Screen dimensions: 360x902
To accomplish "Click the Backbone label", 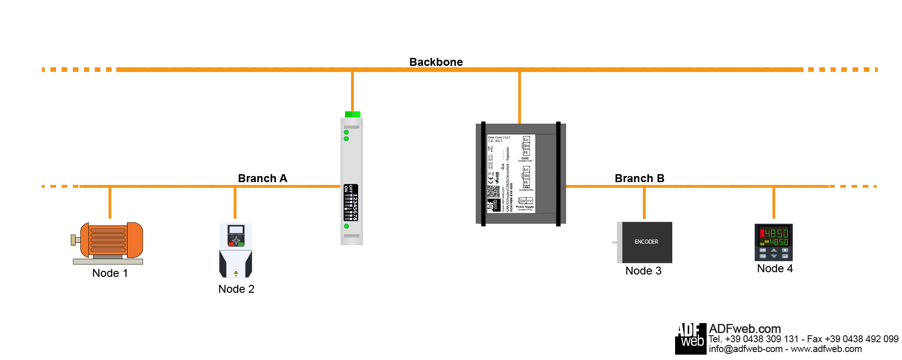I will click(436, 62).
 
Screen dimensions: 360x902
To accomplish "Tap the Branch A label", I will click(262, 178).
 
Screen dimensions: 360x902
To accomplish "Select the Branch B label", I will click(639, 178).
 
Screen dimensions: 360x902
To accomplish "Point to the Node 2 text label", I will click(236, 289).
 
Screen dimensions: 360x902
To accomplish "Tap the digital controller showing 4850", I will click(774, 242).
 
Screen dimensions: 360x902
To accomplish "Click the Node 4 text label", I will click(775, 268).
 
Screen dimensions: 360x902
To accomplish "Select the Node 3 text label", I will click(643, 271).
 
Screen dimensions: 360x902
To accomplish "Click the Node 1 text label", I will click(110, 273).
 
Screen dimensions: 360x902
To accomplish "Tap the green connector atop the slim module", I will click(352, 114).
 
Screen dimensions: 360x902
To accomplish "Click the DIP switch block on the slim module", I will click(351, 203).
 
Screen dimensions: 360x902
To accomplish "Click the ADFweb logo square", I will click(691, 339).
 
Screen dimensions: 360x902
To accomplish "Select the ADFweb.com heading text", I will click(745, 329).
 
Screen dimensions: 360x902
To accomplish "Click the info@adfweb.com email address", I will click(746, 349).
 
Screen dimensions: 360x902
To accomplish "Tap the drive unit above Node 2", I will click(236, 250).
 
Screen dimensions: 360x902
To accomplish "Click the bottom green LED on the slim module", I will click(346, 226).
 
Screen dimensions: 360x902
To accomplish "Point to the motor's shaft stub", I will click(74, 240).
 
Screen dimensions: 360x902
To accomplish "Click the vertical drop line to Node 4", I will click(774, 202).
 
